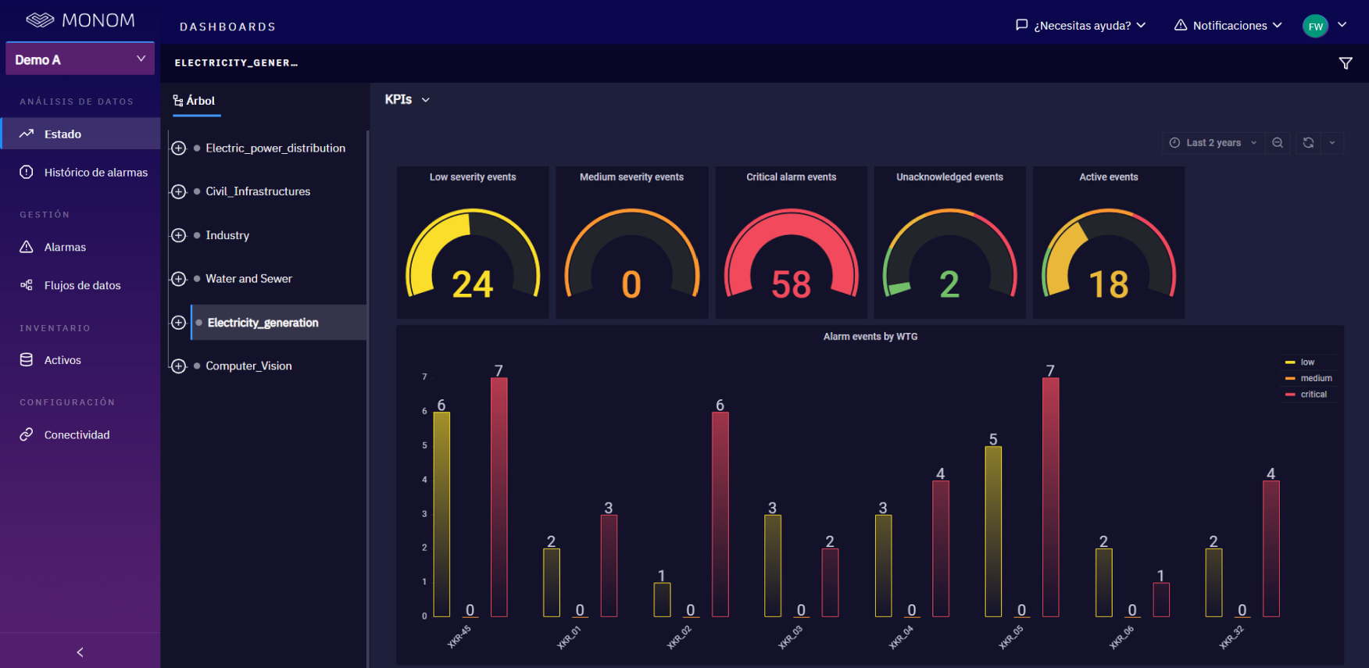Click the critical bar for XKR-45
[x=499, y=497]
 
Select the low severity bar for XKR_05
[x=993, y=531]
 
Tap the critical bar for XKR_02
[x=720, y=514]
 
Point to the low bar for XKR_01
[x=552, y=582]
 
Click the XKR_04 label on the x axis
[x=901, y=638]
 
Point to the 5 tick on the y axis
[x=425, y=445]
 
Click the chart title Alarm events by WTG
[x=870, y=337]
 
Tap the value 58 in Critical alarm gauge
[x=791, y=284]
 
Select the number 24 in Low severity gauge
[x=473, y=284]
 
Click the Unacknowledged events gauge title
[x=949, y=177]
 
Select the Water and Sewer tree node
[x=248, y=279]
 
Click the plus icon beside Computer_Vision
[x=179, y=366]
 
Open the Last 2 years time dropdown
[x=1214, y=143]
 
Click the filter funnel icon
[x=1346, y=63]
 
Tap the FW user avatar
[x=1316, y=26]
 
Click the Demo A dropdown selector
[x=80, y=59]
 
